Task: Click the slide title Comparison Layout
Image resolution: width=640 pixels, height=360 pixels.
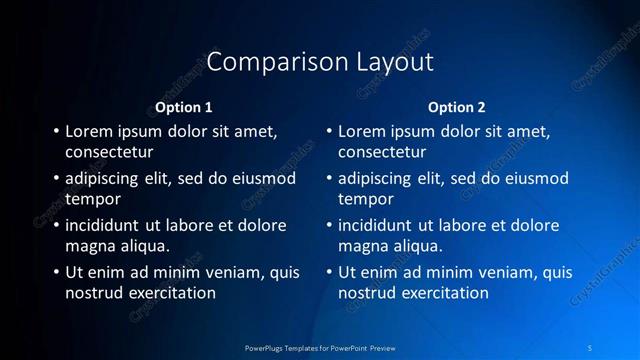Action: [x=320, y=62]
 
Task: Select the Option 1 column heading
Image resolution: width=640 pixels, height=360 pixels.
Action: [x=184, y=107]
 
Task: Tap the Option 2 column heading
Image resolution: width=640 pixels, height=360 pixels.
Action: [x=457, y=107]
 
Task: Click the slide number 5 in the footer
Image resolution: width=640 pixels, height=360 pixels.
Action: [x=591, y=347]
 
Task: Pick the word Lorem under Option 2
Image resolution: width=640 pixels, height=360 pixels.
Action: [x=364, y=131]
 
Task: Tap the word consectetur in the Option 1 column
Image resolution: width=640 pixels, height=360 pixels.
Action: [x=109, y=153]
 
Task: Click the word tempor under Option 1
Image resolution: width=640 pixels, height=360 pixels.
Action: [x=93, y=200]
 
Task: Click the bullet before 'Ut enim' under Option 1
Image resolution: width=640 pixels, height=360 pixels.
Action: [x=55, y=272]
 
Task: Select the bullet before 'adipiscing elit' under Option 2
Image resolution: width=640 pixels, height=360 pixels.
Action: [x=328, y=179]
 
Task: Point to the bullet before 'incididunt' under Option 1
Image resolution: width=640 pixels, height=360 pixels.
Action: [x=55, y=225]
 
